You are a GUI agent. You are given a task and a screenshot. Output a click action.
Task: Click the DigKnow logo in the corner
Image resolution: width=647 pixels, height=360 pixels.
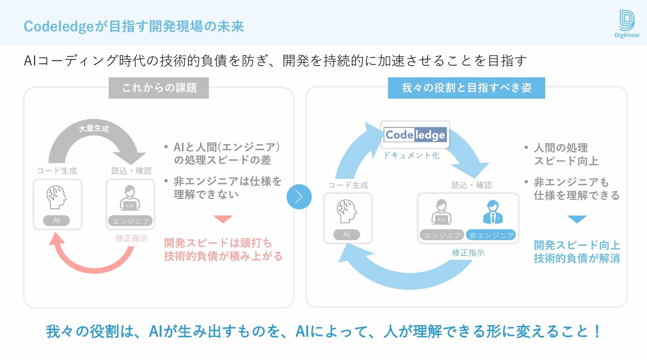tap(626, 24)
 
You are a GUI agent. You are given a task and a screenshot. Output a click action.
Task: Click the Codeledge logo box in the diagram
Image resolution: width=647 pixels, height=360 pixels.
tap(415, 135)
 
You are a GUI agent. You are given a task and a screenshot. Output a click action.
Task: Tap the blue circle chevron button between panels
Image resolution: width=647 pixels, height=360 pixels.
tap(299, 197)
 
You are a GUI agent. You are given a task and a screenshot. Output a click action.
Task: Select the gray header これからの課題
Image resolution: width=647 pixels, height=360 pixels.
tap(159, 88)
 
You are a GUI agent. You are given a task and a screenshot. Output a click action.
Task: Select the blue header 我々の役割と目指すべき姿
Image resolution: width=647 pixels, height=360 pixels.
tap(466, 88)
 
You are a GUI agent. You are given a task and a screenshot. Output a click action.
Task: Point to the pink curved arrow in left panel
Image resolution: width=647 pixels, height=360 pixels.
tap(93, 262)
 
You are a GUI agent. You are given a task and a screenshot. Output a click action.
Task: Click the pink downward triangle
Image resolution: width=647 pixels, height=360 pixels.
tap(223, 219)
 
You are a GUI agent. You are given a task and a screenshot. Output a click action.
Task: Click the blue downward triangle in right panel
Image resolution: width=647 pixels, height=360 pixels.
tap(577, 219)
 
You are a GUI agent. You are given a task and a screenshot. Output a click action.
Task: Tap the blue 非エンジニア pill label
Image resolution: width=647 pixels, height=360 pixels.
tap(491, 235)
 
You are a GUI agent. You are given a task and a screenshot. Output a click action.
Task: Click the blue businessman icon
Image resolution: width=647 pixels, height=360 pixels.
tap(493, 212)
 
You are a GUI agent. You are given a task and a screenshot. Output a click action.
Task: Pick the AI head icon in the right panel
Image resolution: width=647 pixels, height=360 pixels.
tap(347, 211)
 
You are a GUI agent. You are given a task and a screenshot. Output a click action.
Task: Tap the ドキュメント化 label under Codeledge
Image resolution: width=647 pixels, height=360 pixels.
tap(411, 155)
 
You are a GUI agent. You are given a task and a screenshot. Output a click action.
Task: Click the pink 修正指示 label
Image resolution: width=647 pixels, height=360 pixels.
tap(131, 238)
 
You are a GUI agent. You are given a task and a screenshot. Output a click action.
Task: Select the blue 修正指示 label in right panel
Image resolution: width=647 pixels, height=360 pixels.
tap(468, 253)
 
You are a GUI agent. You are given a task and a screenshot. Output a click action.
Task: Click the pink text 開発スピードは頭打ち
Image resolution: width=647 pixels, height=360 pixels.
tap(218, 243)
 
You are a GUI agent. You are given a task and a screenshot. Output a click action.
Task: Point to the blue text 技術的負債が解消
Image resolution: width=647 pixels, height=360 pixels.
tap(577, 258)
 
